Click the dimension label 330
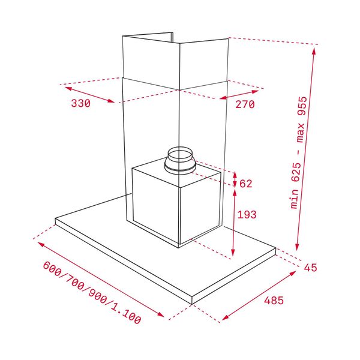[80, 103]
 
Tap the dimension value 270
[245, 104]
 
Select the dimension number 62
[246, 184]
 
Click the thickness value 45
[310, 268]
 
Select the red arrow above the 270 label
[240, 95]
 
